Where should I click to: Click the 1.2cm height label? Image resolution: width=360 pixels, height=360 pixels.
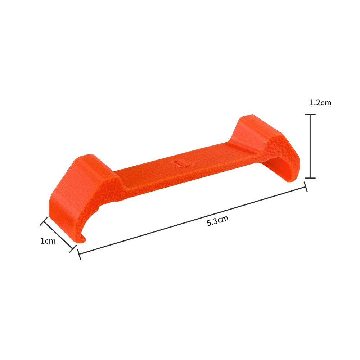click(x=320, y=103)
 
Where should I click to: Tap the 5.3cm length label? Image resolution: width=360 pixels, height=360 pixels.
click(x=217, y=221)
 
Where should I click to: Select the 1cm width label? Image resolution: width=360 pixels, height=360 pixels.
click(x=48, y=241)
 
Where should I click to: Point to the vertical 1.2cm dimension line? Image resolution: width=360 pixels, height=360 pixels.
click(x=310, y=146)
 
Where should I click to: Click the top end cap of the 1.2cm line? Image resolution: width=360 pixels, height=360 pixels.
click(x=310, y=114)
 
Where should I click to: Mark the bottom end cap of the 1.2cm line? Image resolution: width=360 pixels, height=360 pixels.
click(x=310, y=178)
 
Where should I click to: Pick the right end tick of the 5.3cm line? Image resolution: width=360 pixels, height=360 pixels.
click(x=306, y=187)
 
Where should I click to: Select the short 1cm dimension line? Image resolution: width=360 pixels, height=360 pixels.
click(x=58, y=235)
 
